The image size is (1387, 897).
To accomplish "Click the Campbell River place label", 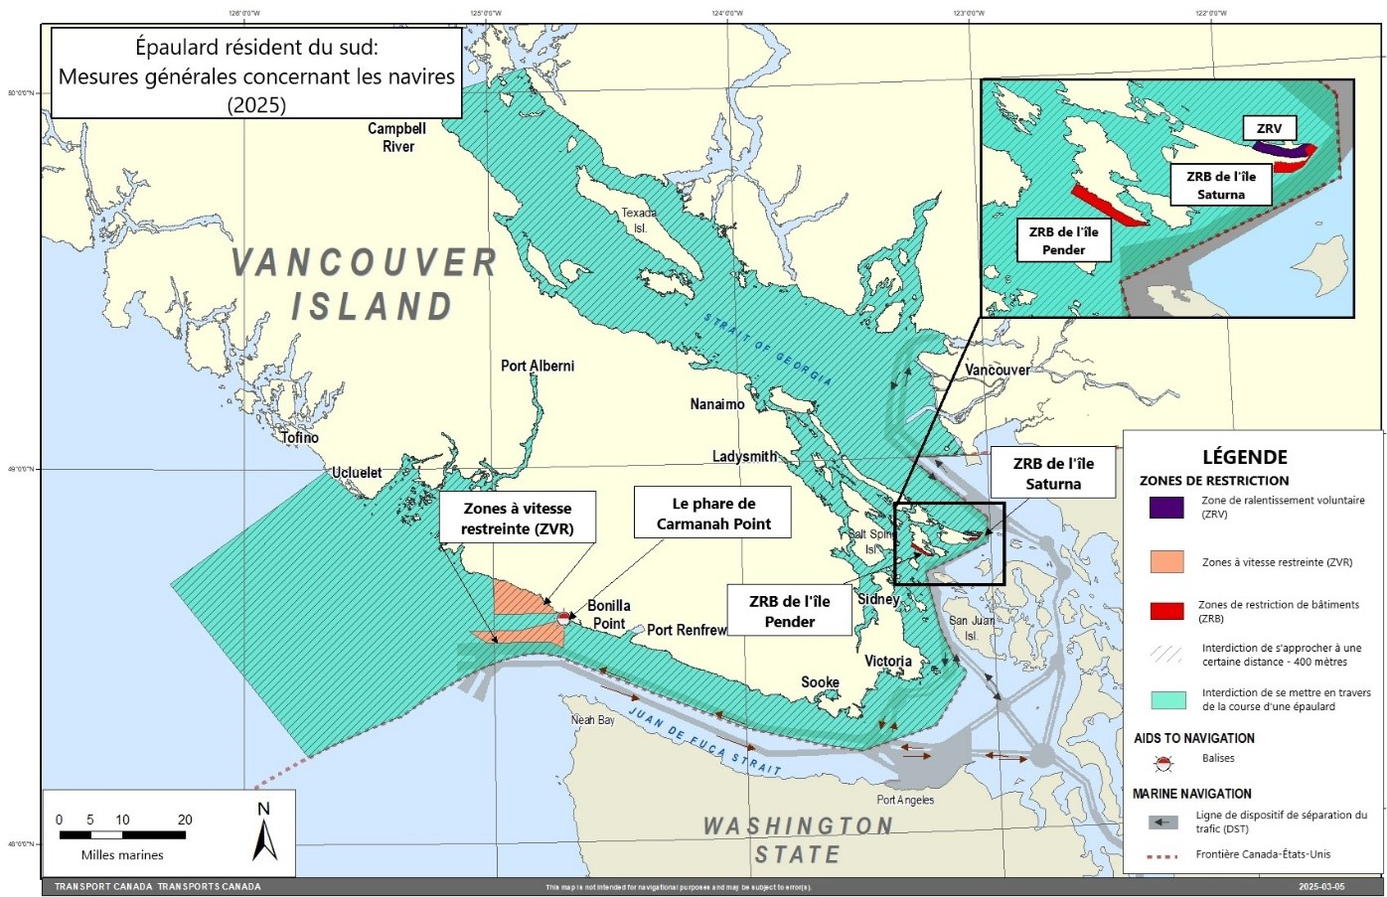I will point(397,137).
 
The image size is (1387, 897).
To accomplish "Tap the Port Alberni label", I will point(538,366).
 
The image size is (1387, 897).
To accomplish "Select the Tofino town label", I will point(300,437).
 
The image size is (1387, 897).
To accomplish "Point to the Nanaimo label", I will point(717,404).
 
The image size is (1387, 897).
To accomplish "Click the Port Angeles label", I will point(905,800).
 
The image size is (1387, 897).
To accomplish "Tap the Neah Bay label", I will point(592,720).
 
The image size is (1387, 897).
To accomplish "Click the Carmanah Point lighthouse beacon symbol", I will point(563,618).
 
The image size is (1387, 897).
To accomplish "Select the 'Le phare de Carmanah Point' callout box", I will point(713,514).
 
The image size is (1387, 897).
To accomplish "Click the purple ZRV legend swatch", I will point(1166,508).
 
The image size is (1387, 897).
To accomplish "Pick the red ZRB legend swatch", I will point(1166,611).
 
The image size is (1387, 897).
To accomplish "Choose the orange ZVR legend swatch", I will point(1166,561).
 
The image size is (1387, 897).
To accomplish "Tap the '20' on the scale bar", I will point(185,820).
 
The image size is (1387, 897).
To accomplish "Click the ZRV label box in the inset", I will point(1269,128).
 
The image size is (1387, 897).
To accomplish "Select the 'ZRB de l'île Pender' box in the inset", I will point(1063,240).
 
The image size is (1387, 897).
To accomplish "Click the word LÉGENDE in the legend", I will point(1245,457).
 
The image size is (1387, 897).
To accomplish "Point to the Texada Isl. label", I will point(640,221).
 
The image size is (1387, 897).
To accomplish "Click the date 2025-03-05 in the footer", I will point(1321,886).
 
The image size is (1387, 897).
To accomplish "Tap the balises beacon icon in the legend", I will point(1162,763).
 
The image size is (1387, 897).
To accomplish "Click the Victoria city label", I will point(888,661).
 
